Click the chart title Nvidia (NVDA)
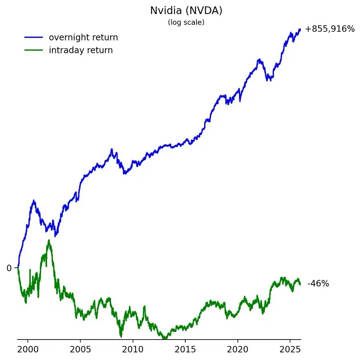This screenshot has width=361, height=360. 186,10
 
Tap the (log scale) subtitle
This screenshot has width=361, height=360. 186,22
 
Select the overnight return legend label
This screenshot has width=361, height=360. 83,37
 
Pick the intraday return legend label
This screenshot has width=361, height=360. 81,50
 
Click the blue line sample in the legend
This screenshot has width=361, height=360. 33,37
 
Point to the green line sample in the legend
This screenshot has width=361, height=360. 33,50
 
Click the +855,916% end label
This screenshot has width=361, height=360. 330,29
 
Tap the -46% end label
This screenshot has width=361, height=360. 318,284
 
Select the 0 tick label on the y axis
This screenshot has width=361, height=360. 9,268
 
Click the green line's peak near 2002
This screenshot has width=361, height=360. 49,241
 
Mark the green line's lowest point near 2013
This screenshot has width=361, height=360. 164,338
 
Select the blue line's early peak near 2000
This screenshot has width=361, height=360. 34,201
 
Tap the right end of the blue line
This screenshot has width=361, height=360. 300,29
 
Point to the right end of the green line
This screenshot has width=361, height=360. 300,284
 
